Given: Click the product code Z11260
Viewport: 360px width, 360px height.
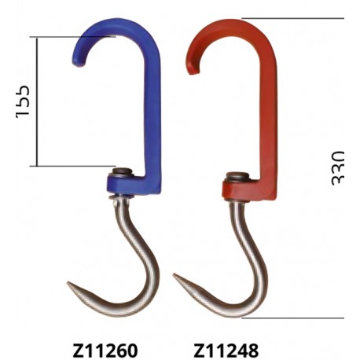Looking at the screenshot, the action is pyautogui.click(x=105, y=351).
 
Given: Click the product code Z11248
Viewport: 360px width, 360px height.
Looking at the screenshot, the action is pyautogui.click(x=226, y=351).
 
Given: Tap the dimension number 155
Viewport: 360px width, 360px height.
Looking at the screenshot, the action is pyautogui.click(x=23, y=101).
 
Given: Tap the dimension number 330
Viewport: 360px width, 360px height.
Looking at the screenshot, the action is pyautogui.click(x=337, y=168).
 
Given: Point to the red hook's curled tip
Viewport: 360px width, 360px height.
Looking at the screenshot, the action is pyautogui.click(x=193, y=70).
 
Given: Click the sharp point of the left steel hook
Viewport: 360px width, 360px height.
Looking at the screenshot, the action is pyautogui.click(x=68, y=283).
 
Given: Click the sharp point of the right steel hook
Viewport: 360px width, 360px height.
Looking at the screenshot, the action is pyautogui.click(x=174, y=275).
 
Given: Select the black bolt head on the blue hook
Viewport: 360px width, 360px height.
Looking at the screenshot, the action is pyautogui.click(x=122, y=171).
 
